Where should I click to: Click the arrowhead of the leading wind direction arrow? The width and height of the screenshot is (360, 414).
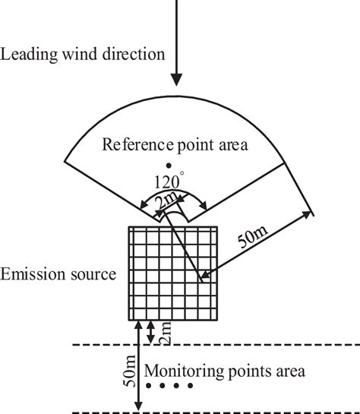175,78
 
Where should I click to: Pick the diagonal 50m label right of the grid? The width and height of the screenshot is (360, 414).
252,239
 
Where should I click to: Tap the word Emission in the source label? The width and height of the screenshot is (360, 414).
31,273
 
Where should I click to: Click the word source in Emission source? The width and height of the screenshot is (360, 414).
94,273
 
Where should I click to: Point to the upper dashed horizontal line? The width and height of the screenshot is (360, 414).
228,346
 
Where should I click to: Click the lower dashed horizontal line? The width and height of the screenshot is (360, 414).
228,412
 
